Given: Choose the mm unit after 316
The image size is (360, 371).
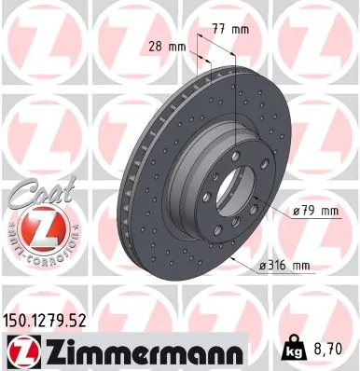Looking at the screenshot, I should pyautogui.click(x=298, y=266).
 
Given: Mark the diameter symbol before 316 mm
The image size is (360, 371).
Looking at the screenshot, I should pyautogui.click(x=258, y=266).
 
